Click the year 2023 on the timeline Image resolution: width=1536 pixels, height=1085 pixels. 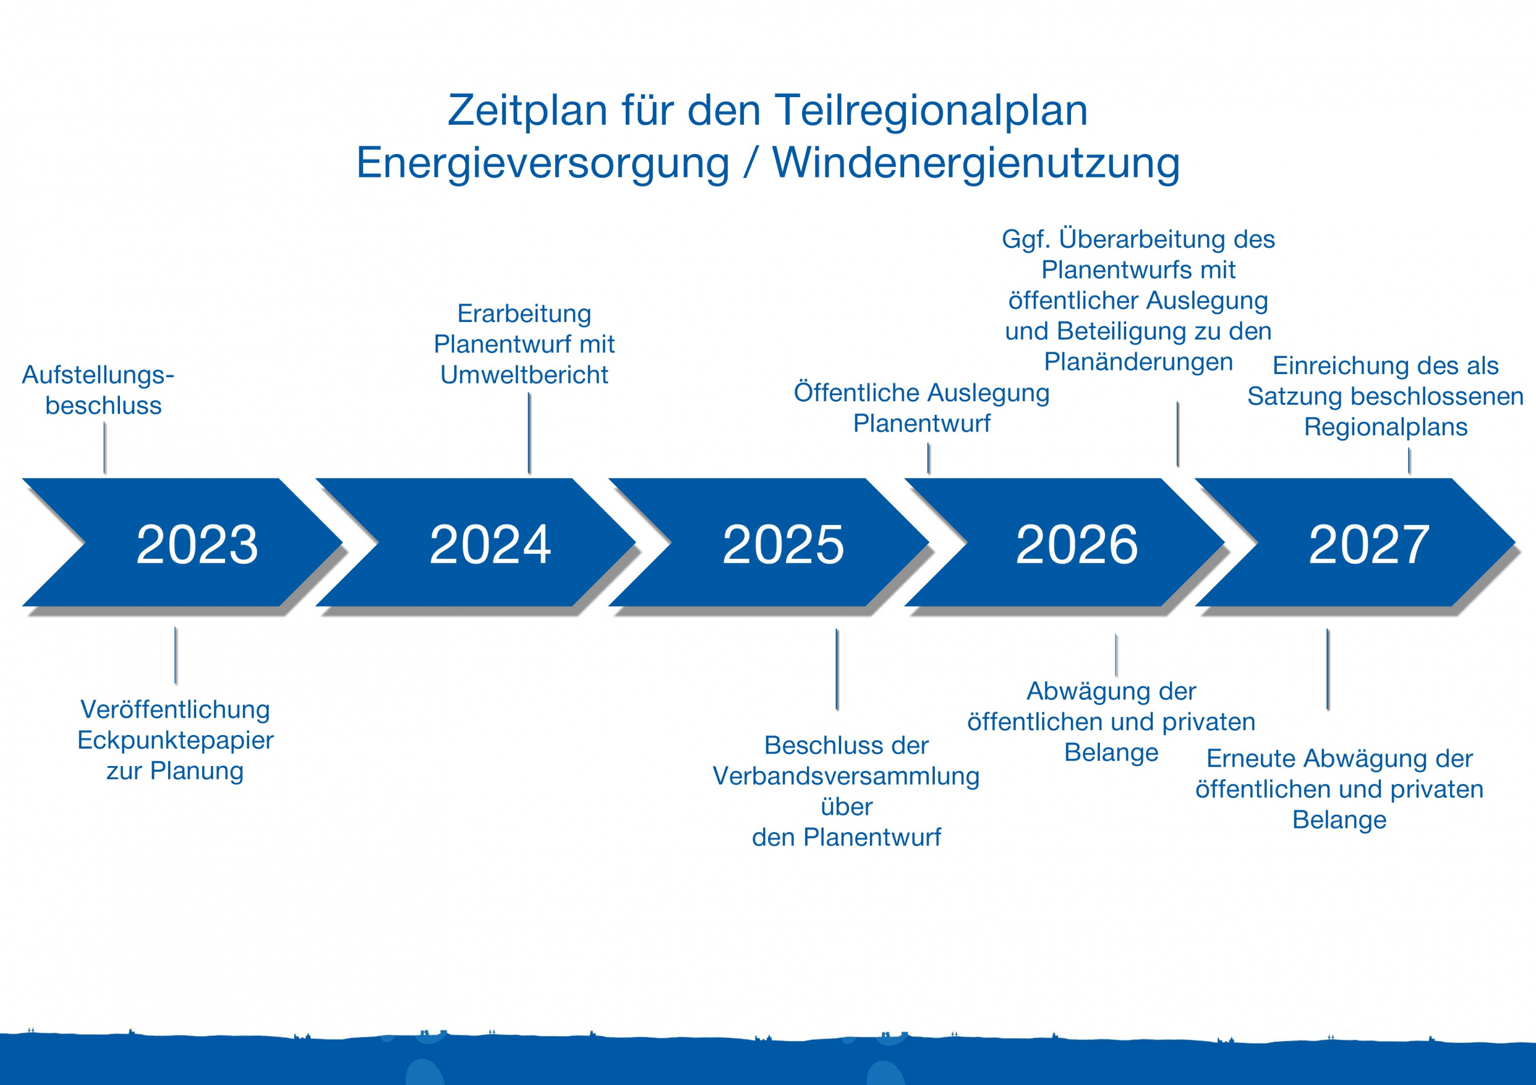tap(197, 544)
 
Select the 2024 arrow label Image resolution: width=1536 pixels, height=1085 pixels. tap(490, 544)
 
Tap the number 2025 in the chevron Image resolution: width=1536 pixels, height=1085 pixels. tap(783, 544)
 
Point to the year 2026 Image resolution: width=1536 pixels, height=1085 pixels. tap(1076, 544)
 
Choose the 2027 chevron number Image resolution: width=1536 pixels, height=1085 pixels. tap(1369, 544)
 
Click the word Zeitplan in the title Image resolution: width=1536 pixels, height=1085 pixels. tap(527, 110)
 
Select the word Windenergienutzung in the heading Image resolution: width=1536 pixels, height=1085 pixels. tap(976, 163)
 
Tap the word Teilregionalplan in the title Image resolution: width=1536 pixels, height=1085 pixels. tap(931, 110)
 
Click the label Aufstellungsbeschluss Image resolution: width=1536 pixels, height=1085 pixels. tap(98, 390)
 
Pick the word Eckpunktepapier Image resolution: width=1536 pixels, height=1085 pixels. tap(175, 740)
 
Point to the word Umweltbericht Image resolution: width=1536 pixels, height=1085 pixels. tap(524, 375)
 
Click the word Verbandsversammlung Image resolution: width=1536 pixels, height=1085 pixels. tap(846, 776)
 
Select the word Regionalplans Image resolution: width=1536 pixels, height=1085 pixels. tap(1385, 427)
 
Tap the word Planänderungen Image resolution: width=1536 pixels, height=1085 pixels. tap(1138, 361)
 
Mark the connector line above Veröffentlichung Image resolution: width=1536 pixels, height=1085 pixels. tap(175, 655)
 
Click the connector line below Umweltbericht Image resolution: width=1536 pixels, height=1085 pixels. tap(529, 433)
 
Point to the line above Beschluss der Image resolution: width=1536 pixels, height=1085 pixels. tap(837, 668)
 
